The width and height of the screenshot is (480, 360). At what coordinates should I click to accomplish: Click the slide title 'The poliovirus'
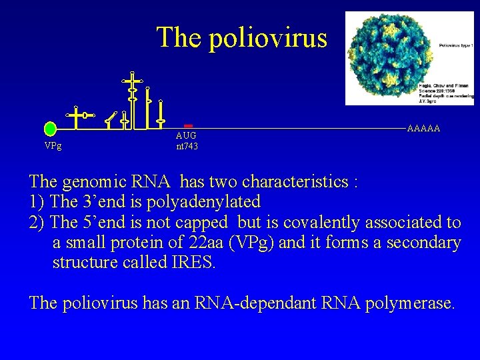point(242,37)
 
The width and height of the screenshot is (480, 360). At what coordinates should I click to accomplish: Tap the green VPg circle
point(50,128)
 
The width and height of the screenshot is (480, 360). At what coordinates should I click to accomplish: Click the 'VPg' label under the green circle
point(53,146)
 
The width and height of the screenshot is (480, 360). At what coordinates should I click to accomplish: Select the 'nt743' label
point(187,146)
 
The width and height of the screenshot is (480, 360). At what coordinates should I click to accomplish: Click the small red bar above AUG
point(188,125)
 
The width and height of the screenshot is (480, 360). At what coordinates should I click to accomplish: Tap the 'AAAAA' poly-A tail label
point(423,128)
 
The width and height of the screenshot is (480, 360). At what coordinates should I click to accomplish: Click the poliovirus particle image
point(389,59)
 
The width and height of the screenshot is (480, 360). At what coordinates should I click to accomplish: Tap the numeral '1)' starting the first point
point(37,201)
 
